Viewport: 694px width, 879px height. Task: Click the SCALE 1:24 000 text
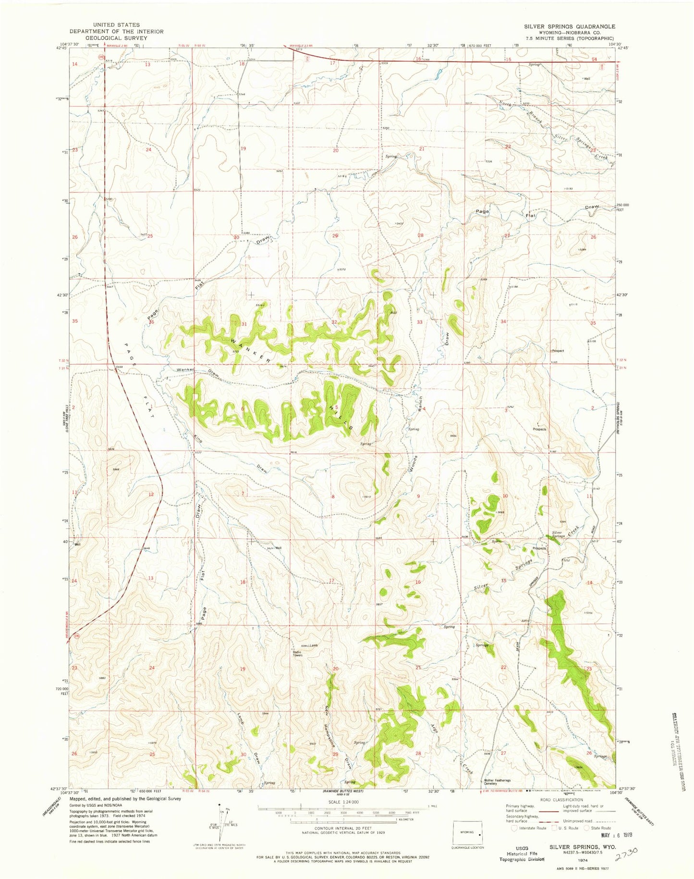pyautogui.click(x=341, y=802)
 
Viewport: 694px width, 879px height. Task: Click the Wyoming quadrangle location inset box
pyautogui.click(x=468, y=832)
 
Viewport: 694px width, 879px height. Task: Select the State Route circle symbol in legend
pyautogui.click(x=586, y=828)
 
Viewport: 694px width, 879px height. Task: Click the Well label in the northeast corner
pyautogui.click(x=586, y=78)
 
